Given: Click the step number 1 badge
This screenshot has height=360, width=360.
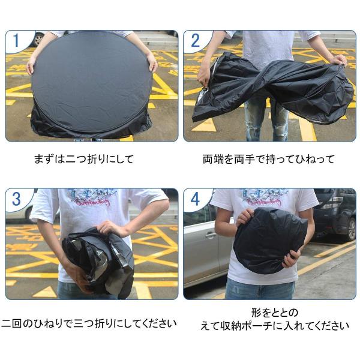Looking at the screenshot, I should pos(16,41).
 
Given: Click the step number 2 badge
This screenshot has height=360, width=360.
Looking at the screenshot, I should pos(194,41).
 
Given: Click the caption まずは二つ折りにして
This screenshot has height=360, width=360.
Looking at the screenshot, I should pos(92,160).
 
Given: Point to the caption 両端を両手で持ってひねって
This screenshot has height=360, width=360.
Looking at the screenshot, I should pos(268,160).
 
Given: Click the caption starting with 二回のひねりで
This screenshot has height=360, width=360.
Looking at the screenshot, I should pos(90,324).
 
